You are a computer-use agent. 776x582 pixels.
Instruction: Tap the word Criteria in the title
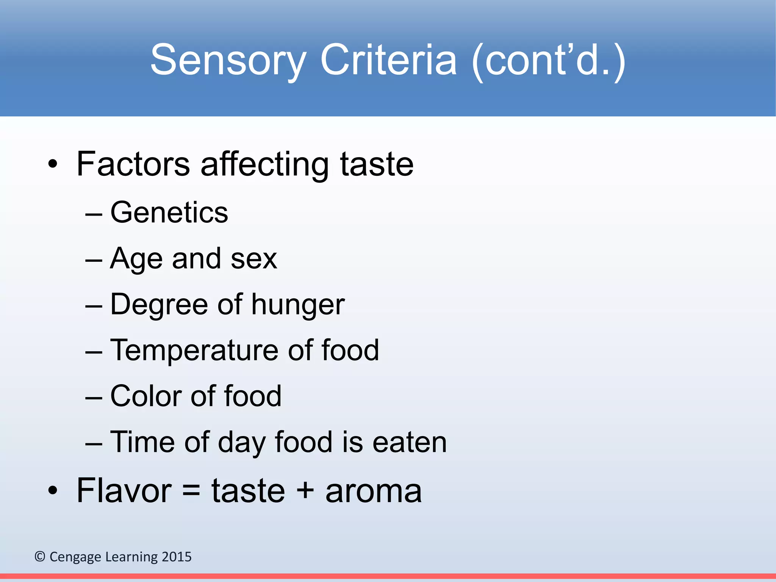[x=388, y=60]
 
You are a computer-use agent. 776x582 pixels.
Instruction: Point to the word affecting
[x=264, y=165]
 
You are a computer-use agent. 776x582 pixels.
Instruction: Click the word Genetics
[x=169, y=212]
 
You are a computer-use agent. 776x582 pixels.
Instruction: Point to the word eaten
[x=409, y=442]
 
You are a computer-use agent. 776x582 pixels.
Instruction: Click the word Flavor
[x=124, y=491]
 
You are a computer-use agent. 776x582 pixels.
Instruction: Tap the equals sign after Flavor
[x=191, y=491]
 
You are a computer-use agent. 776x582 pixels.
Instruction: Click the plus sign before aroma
[x=305, y=491]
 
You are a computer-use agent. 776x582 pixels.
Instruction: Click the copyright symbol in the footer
[x=40, y=557]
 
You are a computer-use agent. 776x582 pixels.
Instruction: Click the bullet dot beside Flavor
[x=53, y=491]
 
